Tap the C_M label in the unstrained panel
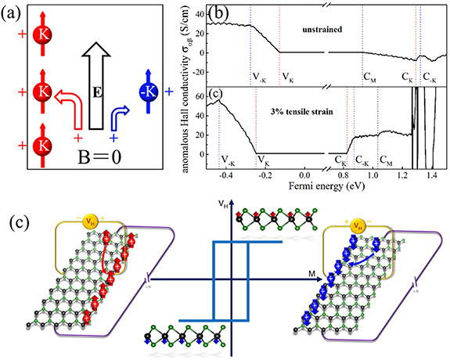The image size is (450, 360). pyautogui.click(x=369, y=77)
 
